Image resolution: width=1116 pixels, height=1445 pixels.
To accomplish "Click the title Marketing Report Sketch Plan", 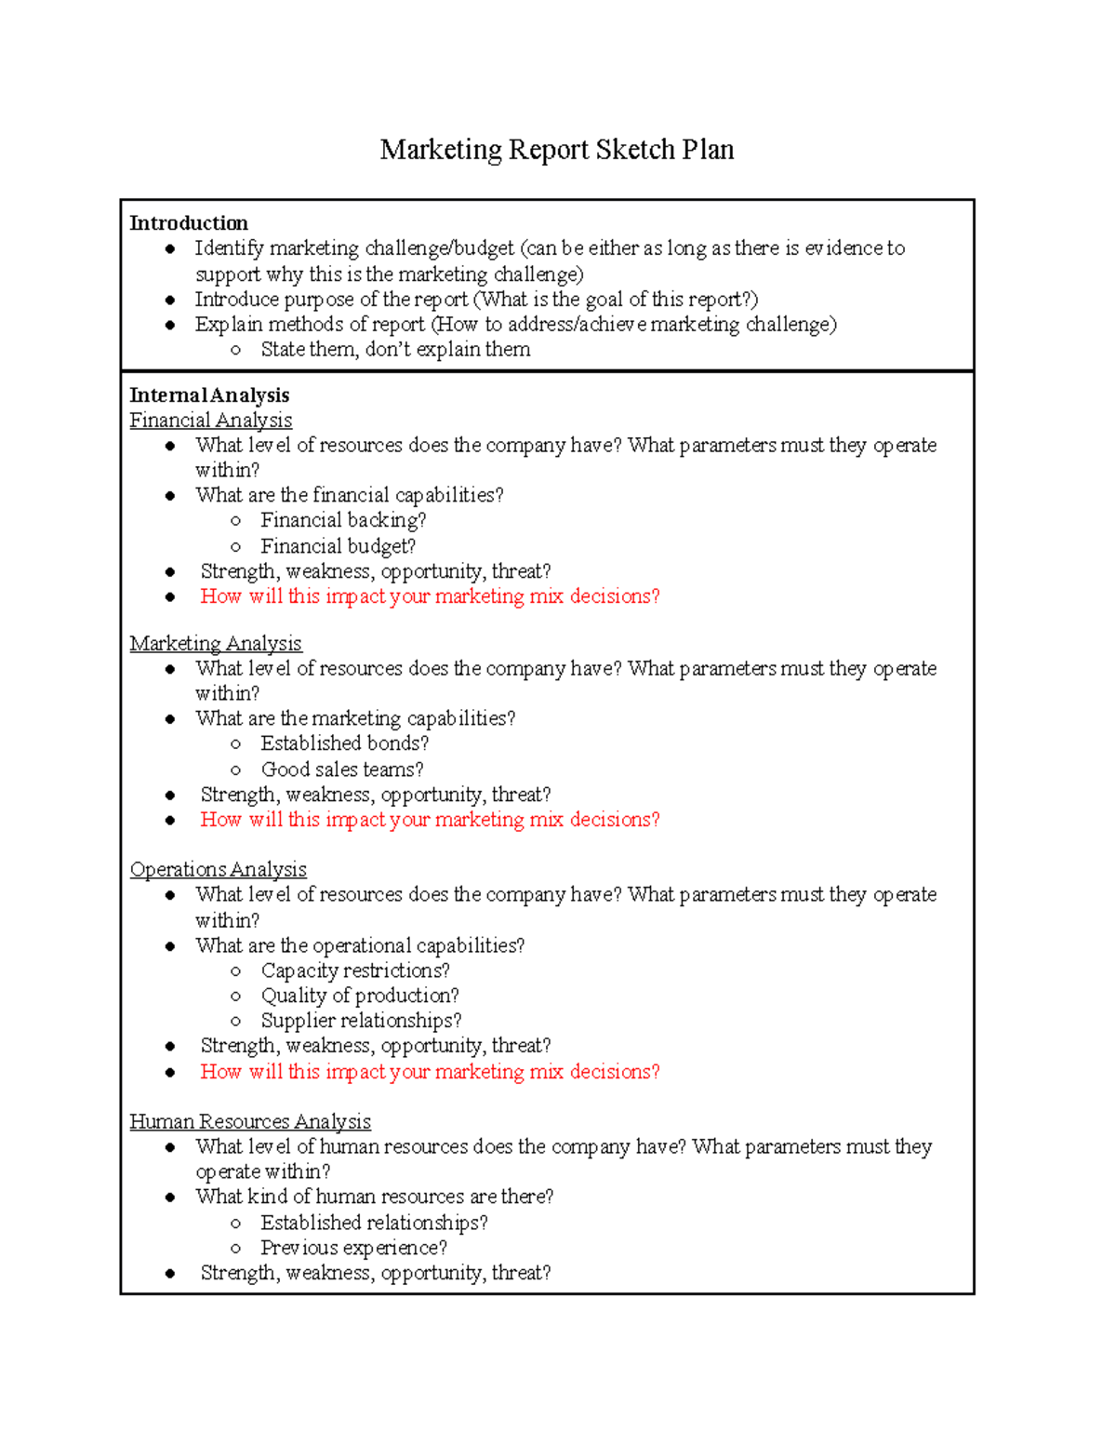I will coord(556,150).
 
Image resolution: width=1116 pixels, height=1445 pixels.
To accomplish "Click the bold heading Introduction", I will coord(189,223).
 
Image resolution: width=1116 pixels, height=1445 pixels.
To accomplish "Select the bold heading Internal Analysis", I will coord(209,395).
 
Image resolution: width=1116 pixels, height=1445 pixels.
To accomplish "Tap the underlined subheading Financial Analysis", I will coord(211,421).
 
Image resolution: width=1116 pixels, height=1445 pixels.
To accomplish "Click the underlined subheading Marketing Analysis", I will coord(216,644).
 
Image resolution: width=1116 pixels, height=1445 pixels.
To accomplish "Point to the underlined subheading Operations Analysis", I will coord(218,869).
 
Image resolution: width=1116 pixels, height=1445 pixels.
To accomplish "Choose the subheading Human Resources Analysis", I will coord(250,1121).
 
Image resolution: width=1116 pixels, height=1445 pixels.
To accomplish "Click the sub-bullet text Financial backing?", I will coord(343,520).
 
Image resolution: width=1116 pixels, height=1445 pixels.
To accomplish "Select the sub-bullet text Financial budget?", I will coord(338,546).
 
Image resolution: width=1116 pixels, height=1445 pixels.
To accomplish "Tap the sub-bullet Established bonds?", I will coord(345,743).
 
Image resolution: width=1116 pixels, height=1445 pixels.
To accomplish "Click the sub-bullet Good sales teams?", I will coord(342,769).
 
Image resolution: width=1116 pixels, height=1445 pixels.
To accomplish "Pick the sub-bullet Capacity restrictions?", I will coord(355,970).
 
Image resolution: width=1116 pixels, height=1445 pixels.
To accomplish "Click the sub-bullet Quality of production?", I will coord(360,996).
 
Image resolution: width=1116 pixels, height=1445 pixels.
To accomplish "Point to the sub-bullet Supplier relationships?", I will coord(361,1021).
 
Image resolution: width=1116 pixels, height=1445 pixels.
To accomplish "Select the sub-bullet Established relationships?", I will coord(374,1223).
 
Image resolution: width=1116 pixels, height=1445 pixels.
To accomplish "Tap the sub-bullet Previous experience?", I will coord(353,1248).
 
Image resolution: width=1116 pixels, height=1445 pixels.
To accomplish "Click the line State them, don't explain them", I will coord(395,350).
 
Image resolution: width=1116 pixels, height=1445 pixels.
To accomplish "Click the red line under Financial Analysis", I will coord(430,596).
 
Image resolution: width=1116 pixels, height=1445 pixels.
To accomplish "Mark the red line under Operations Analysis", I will coord(430,1072).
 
